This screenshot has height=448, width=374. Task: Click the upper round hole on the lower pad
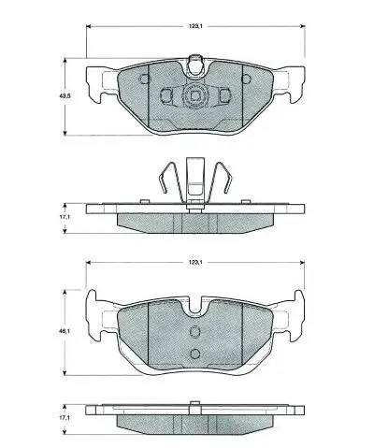(194, 331)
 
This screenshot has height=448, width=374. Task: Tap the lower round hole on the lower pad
(194, 353)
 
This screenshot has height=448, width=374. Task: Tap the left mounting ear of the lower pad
(97, 315)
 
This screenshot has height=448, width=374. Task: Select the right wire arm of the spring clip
(223, 182)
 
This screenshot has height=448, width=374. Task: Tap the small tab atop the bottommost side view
(194, 404)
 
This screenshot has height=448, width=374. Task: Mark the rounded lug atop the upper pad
(195, 65)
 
